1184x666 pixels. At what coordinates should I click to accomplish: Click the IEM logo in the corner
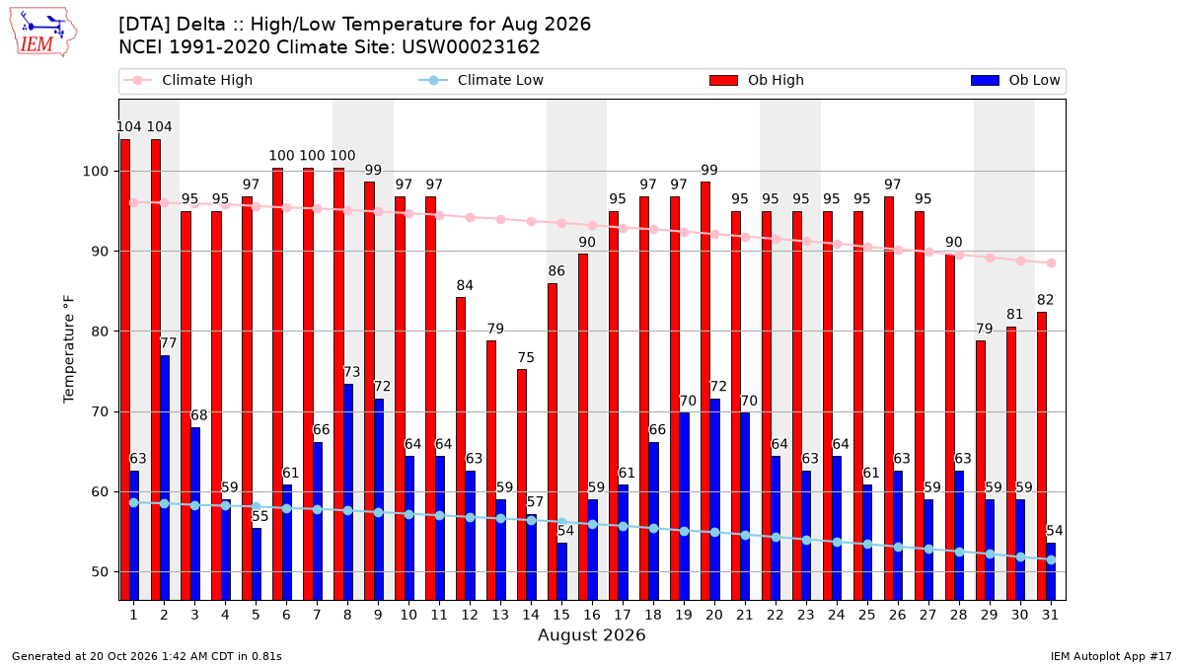click(x=42, y=33)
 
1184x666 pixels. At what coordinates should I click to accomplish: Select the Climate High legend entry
click(x=187, y=80)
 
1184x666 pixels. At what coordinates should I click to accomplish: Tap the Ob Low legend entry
click(x=1015, y=80)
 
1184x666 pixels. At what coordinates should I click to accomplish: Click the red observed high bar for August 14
click(x=522, y=484)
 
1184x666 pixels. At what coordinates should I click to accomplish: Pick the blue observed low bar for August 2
click(x=165, y=478)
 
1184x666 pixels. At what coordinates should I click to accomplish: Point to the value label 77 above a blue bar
click(x=168, y=343)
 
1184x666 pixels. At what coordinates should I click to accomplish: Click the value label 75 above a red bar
click(x=526, y=357)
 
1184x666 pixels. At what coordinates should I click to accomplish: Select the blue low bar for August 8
click(x=348, y=492)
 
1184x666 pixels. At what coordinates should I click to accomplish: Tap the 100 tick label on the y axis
click(x=95, y=172)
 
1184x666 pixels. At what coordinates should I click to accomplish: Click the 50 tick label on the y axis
click(x=100, y=572)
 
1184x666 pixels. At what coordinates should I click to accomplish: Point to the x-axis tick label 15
click(x=561, y=615)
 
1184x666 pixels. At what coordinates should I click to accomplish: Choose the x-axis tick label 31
click(x=1050, y=615)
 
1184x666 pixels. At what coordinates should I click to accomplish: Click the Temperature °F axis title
click(x=69, y=349)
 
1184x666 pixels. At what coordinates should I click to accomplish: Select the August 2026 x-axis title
click(x=591, y=634)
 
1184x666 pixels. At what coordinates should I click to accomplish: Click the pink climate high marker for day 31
click(x=1052, y=263)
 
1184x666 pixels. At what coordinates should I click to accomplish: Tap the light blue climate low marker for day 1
click(x=134, y=502)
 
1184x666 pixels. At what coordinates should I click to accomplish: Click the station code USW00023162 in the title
click(x=471, y=47)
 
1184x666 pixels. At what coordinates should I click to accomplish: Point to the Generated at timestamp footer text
click(x=147, y=656)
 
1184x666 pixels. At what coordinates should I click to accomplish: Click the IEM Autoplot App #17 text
click(x=1111, y=656)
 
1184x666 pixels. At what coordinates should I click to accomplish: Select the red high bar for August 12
click(x=461, y=449)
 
